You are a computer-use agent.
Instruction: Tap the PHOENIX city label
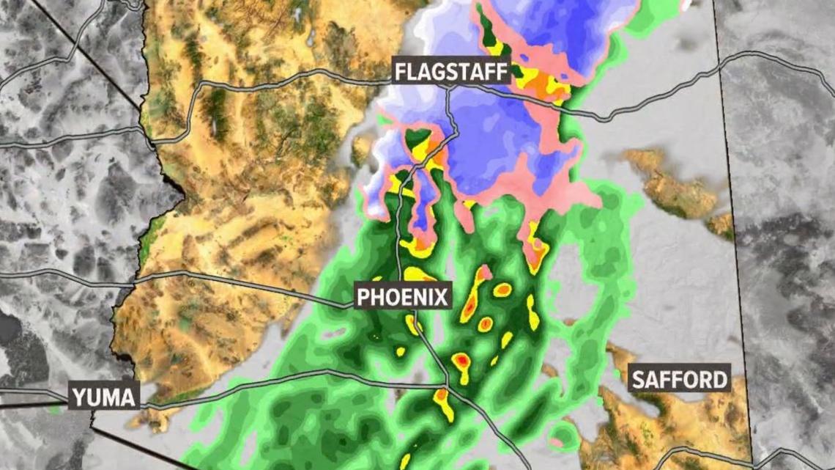point(402,297)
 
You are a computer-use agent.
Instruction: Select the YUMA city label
point(105,397)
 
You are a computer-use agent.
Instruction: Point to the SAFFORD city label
point(680,379)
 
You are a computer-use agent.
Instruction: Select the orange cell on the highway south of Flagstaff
point(438,156)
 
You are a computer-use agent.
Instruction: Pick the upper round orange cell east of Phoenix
point(502,290)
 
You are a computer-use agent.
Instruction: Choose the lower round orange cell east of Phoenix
point(485,323)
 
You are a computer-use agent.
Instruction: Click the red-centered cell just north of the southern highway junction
point(461,361)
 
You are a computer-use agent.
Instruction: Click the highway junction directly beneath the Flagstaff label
point(449,89)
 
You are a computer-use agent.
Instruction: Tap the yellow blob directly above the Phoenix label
point(418,274)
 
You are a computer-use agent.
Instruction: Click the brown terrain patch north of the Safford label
point(670,183)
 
